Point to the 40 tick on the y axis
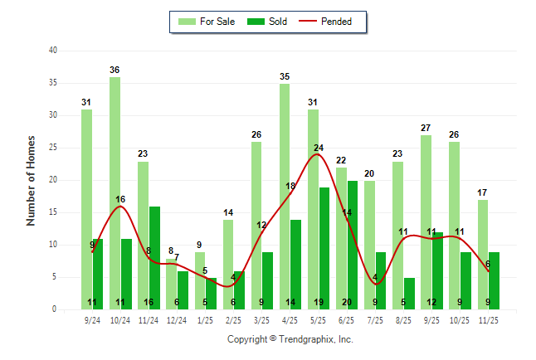53,51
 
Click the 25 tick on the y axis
53,148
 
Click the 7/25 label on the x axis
376,319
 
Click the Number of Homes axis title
31,180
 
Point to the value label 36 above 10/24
115,70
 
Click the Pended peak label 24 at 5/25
319,148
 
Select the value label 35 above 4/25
285,76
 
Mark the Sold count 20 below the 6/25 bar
347,303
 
